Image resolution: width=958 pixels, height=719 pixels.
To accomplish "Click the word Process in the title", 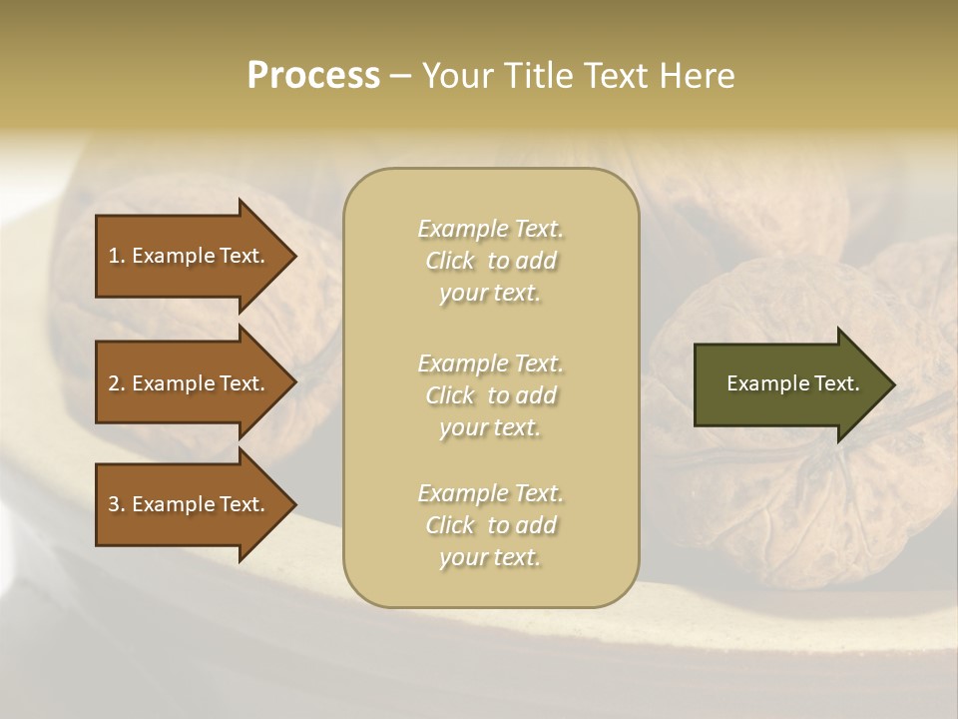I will (x=313, y=76).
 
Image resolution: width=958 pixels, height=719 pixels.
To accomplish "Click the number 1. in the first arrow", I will (x=117, y=256).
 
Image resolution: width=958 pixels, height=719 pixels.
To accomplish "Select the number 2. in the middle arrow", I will (x=117, y=383).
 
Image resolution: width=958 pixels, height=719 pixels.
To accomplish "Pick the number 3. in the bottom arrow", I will (x=117, y=504).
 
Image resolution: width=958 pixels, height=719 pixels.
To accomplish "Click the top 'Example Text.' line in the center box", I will (x=490, y=229).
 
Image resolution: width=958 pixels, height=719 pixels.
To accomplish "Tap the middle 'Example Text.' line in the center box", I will (x=490, y=363).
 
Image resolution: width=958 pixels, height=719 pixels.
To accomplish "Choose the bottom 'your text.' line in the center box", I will (x=490, y=558).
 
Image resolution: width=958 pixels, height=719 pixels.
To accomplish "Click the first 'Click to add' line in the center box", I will (x=490, y=261).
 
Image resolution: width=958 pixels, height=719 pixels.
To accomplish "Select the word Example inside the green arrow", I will (x=763, y=383).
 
